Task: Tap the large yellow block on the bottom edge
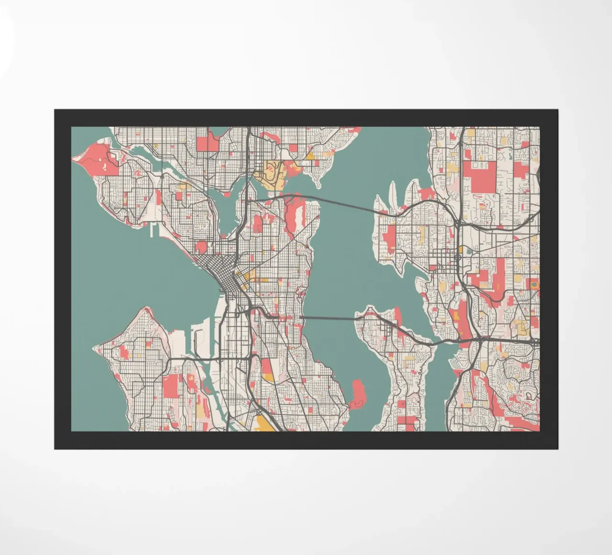click(x=263, y=424)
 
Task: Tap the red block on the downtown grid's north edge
click(x=201, y=247)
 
